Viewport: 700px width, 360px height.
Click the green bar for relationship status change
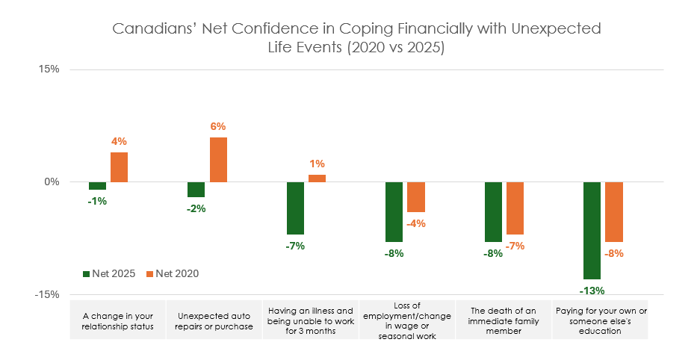point(97,186)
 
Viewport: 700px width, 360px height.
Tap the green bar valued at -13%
point(592,230)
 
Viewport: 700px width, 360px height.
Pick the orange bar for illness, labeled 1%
point(317,179)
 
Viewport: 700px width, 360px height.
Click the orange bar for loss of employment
point(416,197)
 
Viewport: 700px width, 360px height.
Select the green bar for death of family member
point(493,212)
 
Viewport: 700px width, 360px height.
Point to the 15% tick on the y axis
point(49,70)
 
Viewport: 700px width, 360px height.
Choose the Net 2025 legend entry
point(108,274)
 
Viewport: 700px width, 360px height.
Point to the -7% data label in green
point(295,246)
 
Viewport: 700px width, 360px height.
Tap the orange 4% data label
point(120,140)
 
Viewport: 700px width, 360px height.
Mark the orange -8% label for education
point(614,253)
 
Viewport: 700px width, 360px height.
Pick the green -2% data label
point(196,208)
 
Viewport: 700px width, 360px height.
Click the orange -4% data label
point(416,223)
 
